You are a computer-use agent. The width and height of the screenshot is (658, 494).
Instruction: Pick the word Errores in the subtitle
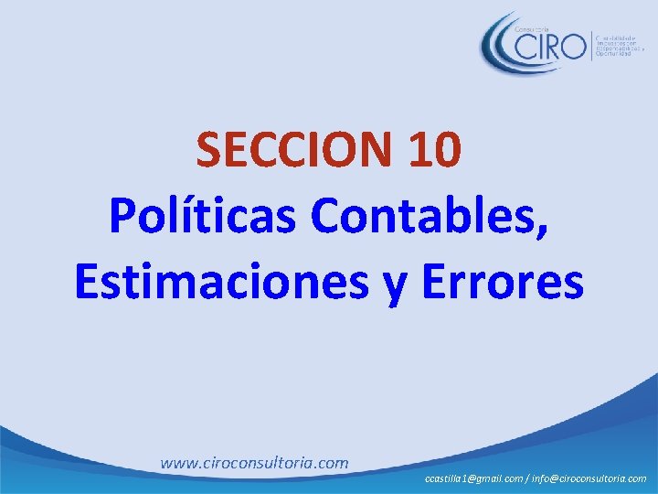point(503,282)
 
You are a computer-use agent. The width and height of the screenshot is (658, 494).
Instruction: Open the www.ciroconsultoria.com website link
point(254,463)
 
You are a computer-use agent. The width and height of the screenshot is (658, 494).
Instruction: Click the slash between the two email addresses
point(528,478)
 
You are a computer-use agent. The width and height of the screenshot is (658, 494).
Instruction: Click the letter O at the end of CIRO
point(573,45)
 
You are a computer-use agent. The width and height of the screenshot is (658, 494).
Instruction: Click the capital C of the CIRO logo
point(528,45)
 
